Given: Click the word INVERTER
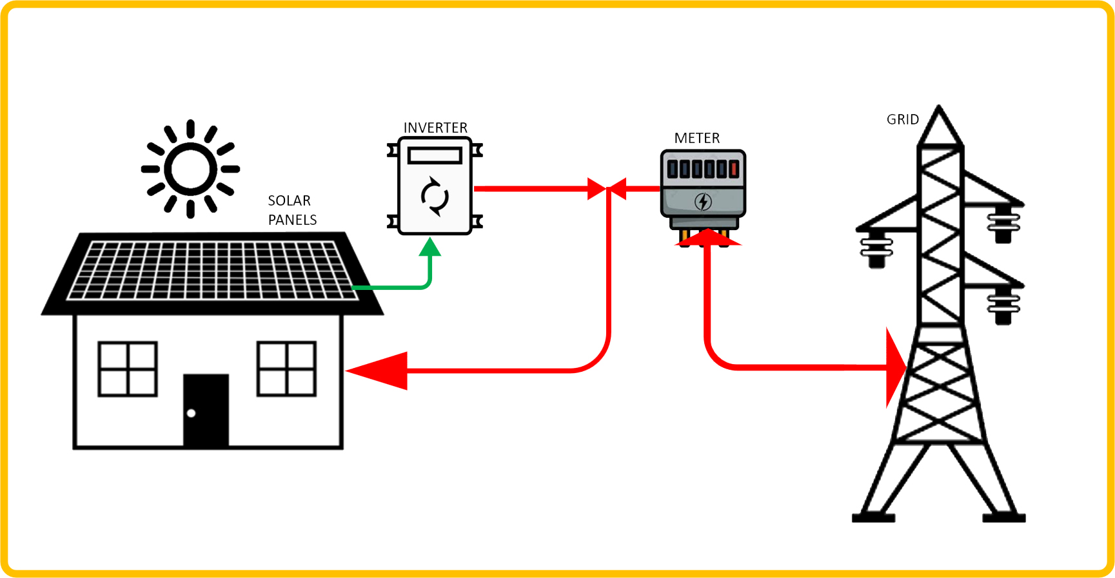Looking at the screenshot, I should click(x=435, y=128).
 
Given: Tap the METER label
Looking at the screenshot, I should click(x=696, y=138).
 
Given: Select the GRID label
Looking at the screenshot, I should click(x=902, y=119).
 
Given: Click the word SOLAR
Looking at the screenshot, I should click(x=289, y=200).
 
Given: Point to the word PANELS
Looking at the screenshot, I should click(x=292, y=220).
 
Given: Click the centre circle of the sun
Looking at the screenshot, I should click(x=191, y=169).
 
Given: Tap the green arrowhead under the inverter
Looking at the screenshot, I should click(x=430, y=247).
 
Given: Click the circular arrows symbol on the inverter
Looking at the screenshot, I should click(x=435, y=196).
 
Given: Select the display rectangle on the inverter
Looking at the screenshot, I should click(x=435, y=155).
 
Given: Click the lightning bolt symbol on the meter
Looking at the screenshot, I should click(x=703, y=202).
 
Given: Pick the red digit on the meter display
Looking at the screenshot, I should click(x=734, y=169).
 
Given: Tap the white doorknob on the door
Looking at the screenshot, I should click(x=191, y=413).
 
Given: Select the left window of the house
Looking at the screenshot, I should click(x=128, y=369).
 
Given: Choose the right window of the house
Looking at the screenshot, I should click(x=286, y=369).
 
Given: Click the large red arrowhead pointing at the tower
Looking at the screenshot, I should click(x=896, y=367).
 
